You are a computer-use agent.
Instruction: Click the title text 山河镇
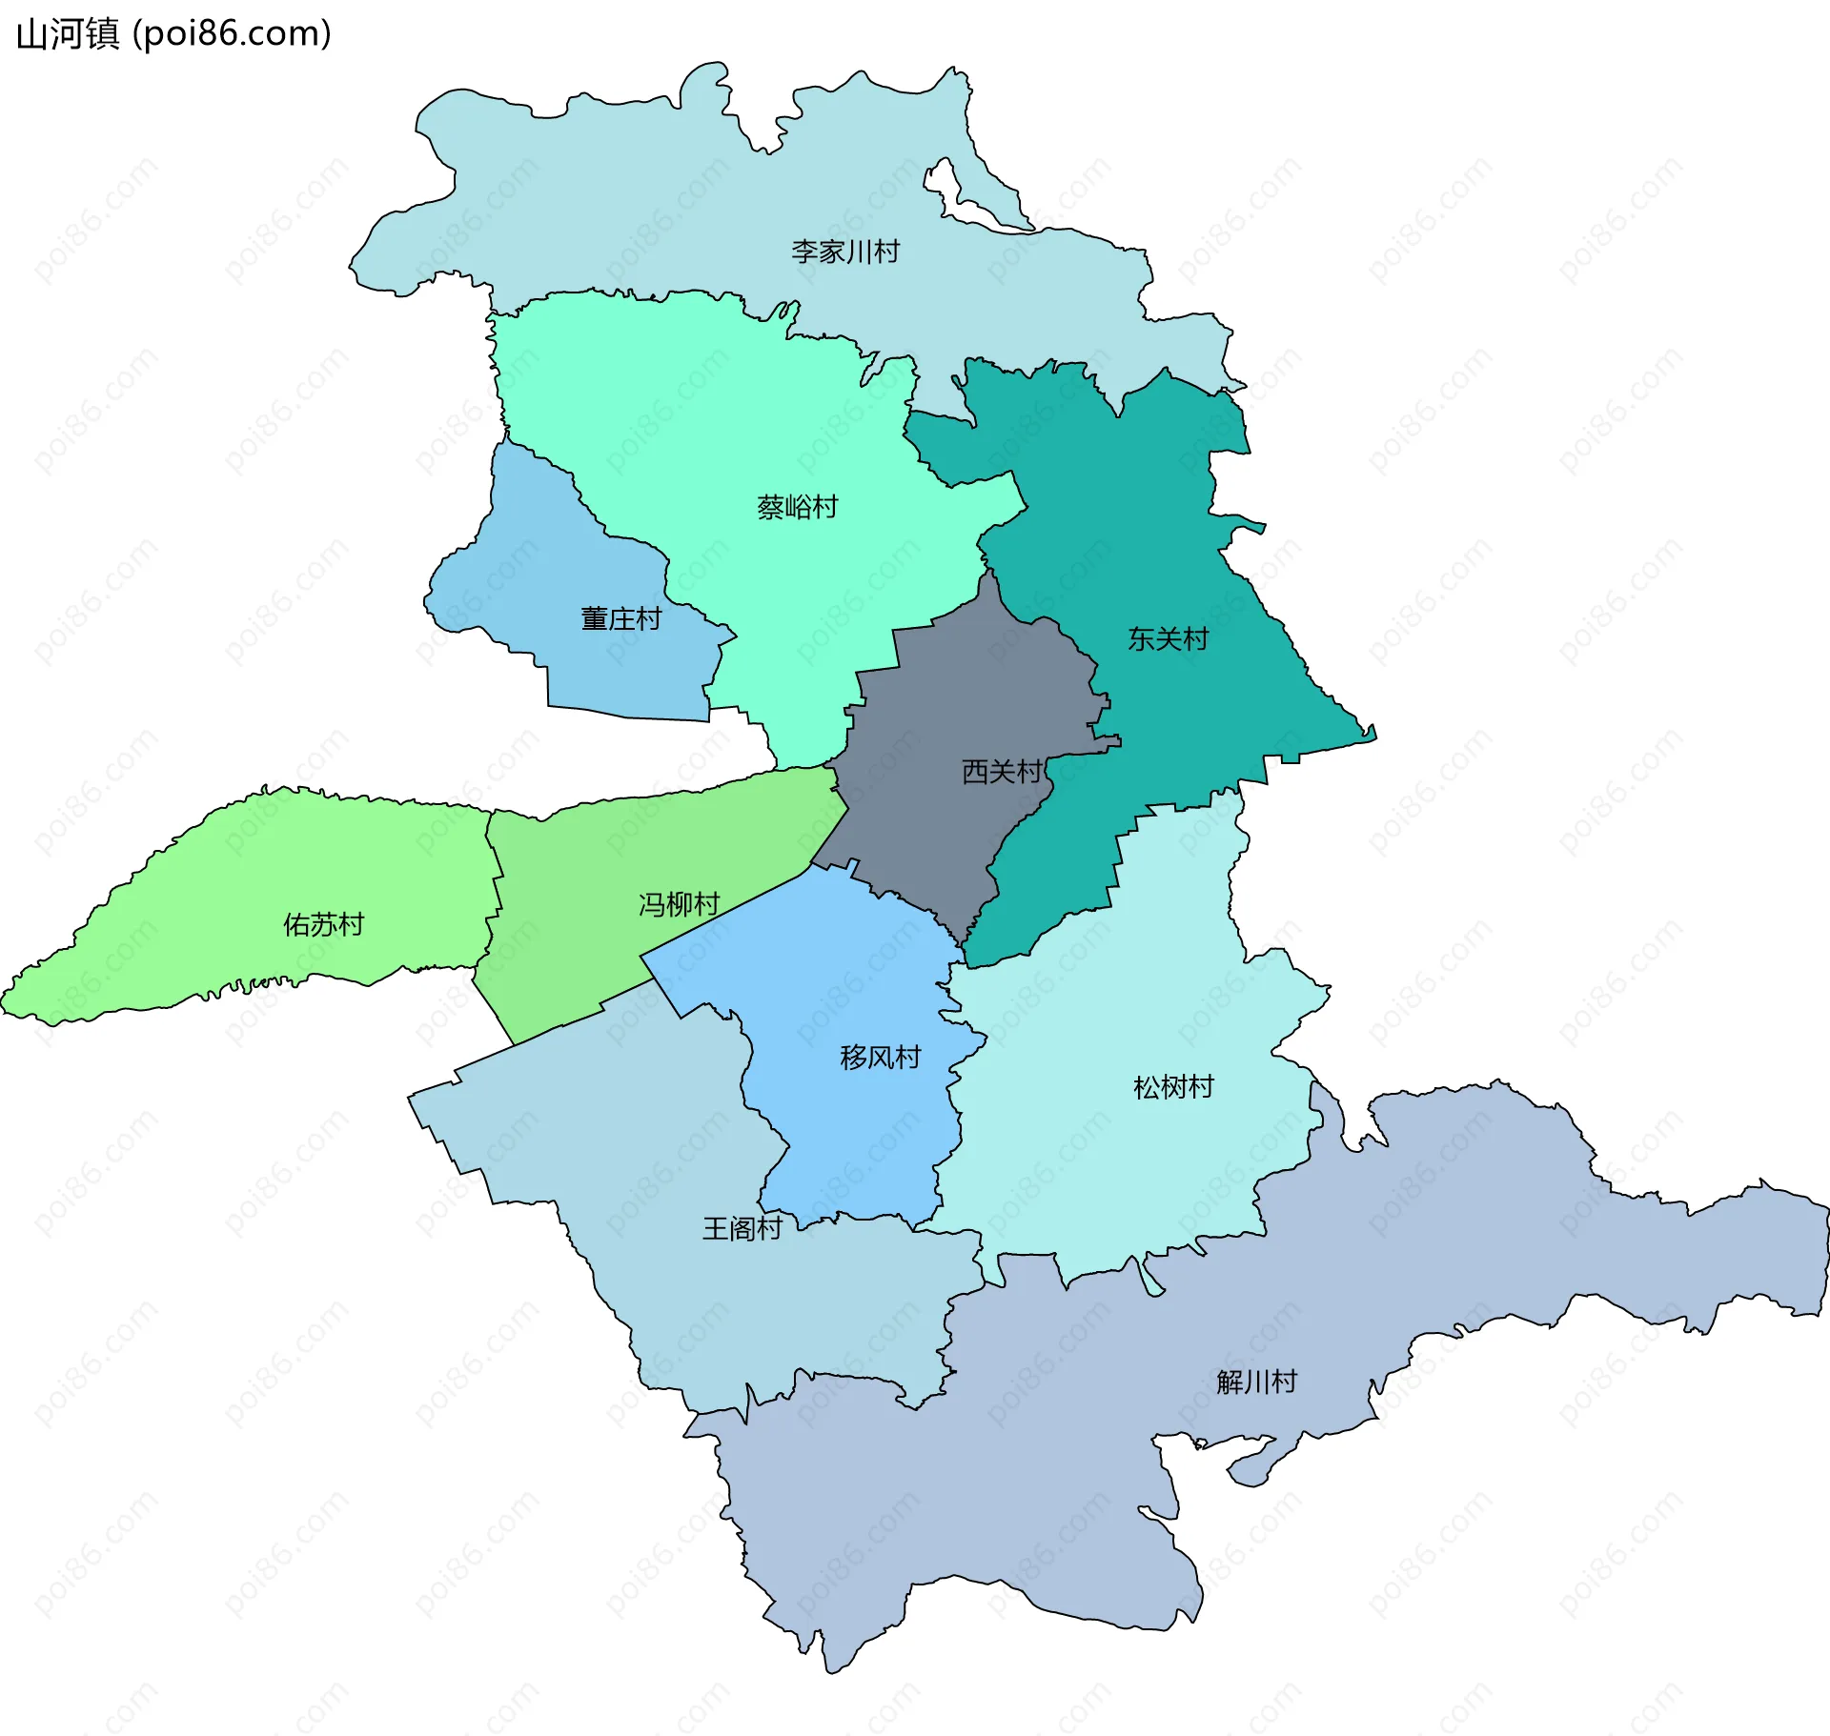[68, 33]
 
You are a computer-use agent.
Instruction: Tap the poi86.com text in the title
[232, 33]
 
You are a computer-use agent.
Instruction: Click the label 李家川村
[844, 252]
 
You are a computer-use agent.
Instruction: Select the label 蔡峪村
[797, 507]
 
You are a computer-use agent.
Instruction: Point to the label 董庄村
[620, 619]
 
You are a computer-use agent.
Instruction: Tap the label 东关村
[1168, 638]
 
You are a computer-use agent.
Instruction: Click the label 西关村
[1001, 771]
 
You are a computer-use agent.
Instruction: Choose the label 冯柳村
[679, 904]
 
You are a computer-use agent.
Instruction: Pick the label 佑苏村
[323, 924]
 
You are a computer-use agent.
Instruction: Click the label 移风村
[880, 1058]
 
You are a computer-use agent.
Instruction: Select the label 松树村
[1173, 1087]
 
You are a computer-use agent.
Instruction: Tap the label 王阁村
[742, 1228]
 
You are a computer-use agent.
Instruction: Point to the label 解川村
[1256, 1382]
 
